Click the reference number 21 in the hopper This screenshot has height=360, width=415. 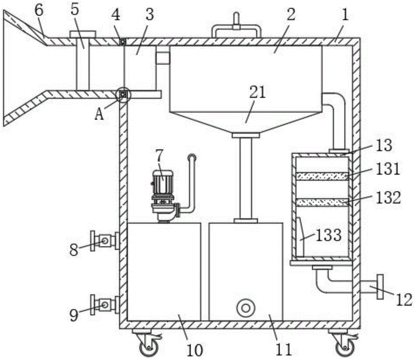coord(258,93)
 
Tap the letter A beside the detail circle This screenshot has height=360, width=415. coord(99,115)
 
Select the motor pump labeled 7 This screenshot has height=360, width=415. coord(163,196)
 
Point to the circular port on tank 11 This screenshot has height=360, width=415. coord(246,308)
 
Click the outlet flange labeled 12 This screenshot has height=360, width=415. coord(380,287)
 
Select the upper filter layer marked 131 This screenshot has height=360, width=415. coord(322,176)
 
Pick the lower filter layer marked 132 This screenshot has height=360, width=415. coord(322,203)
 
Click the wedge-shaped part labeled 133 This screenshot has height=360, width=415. coord(300,237)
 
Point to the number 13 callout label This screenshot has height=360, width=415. coord(383,145)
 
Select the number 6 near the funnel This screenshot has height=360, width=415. coord(39,11)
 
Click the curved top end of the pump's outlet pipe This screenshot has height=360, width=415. coord(192,158)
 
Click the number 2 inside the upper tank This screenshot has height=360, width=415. coord(291,15)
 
